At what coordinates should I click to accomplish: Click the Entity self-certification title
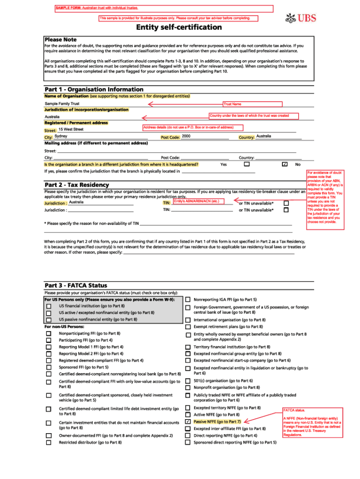click(179, 27)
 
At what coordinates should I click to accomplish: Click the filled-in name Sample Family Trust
click(62, 103)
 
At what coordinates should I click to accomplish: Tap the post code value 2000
click(186, 136)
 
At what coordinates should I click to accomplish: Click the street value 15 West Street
click(71, 129)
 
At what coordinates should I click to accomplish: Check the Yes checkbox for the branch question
click(247, 165)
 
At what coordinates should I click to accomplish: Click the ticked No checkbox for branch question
click(284, 165)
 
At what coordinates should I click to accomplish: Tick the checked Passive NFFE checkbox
click(188, 421)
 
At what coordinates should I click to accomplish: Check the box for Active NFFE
click(188, 414)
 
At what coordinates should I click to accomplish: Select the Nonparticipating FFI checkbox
click(49, 334)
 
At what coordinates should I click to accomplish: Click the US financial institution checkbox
click(49, 306)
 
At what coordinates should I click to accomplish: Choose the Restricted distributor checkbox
click(49, 442)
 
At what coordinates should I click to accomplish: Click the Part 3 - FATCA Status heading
click(76, 285)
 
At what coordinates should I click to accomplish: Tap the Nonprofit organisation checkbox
click(188, 387)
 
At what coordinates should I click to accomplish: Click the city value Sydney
click(61, 136)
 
